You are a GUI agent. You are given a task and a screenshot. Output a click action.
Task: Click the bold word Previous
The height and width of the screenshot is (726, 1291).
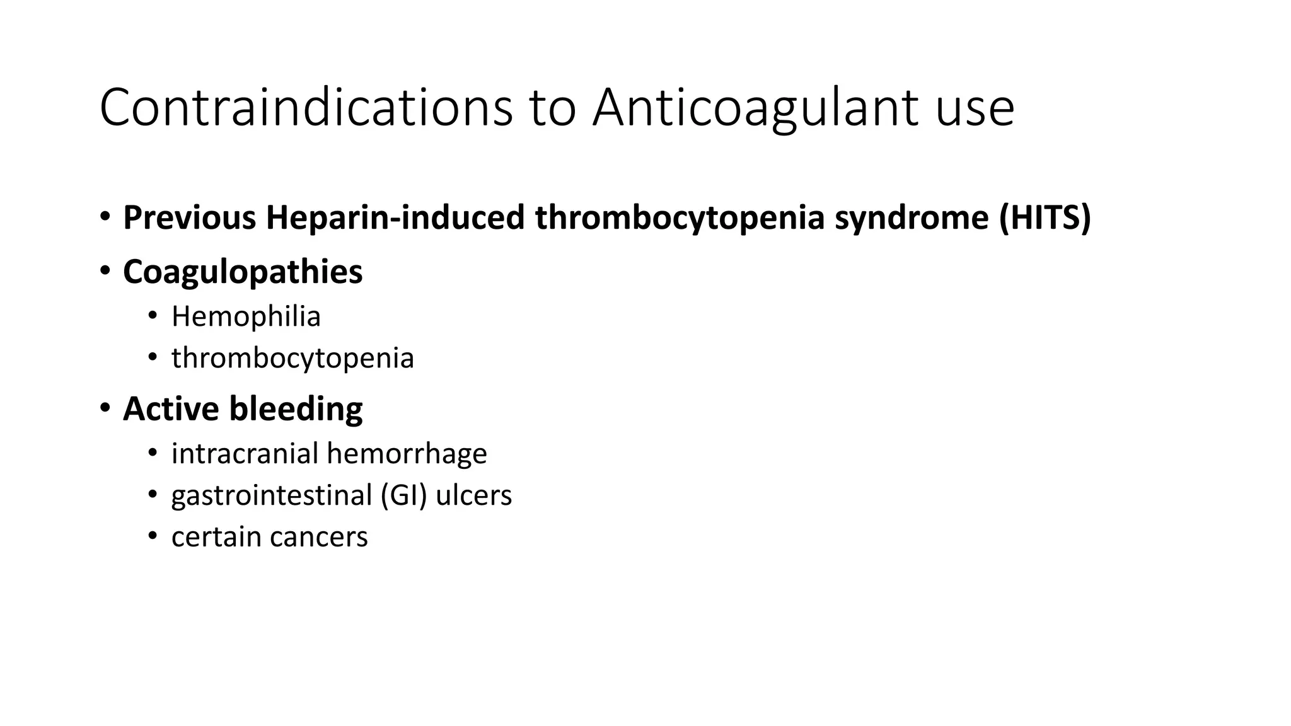click(x=190, y=217)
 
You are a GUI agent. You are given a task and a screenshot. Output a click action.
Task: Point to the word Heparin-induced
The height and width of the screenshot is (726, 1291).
click(x=395, y=217)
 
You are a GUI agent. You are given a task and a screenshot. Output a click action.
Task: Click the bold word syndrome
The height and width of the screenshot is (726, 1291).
click(x=912, y=219)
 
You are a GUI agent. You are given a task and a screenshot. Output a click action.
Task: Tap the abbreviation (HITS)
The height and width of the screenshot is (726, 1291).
click(x=1045, y=217)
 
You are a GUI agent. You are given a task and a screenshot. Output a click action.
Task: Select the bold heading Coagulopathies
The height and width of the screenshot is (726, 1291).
click(x=243, y=272)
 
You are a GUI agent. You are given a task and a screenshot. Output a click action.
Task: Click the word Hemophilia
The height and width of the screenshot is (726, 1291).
click(x=246, y=316)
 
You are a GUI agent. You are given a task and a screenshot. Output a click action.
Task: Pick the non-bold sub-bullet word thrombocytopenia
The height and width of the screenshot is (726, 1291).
click(x=292, y=359)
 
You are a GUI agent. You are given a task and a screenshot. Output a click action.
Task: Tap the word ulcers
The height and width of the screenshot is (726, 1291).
click(x=474, y=495)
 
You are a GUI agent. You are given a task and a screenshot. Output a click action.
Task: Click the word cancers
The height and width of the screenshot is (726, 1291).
click(x=318, y=538)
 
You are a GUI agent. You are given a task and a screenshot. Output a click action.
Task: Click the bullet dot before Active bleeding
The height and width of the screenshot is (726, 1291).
click(x=105, y=407)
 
